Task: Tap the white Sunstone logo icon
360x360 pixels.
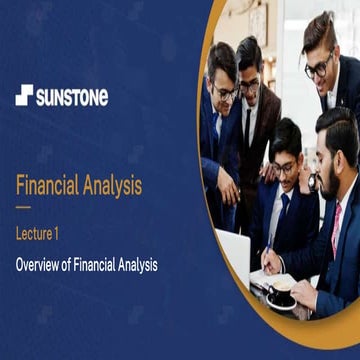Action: tap(24, 96)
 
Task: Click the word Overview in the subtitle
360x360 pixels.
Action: tap(42, 265)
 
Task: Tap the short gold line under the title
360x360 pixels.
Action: tap(22, 208)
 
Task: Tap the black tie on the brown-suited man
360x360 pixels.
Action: tap(246, 125)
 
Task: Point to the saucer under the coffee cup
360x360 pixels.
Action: tap(281, 303)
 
